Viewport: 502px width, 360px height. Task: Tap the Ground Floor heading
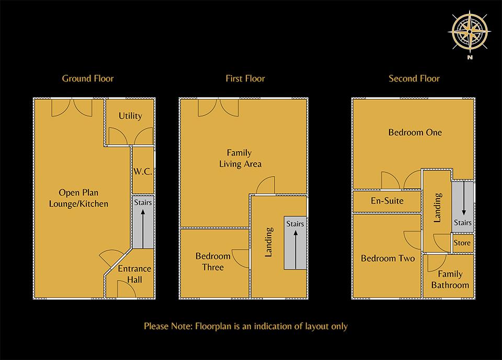pos(88,78)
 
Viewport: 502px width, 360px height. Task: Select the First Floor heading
pos(245,78)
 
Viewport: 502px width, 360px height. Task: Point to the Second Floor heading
pos(414,78)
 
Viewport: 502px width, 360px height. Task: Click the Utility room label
pos(130,115)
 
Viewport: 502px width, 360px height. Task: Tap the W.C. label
pos(142,171)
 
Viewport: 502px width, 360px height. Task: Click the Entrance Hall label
pos(134,274)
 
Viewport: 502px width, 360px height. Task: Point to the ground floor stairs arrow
pos(143,226)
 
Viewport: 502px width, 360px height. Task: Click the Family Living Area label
pos(240,158)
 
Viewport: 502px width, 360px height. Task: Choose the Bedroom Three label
pos(213,262)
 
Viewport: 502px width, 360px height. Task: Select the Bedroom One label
pos(415,132)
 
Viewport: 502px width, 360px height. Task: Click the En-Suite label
pos(387,201)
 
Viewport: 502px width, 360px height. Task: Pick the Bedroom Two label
pos(387,258)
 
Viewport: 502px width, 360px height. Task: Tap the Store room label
pos(462,243)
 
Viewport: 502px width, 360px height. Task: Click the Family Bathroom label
pos(450,280)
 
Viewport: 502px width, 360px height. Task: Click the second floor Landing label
pos(438,208)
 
